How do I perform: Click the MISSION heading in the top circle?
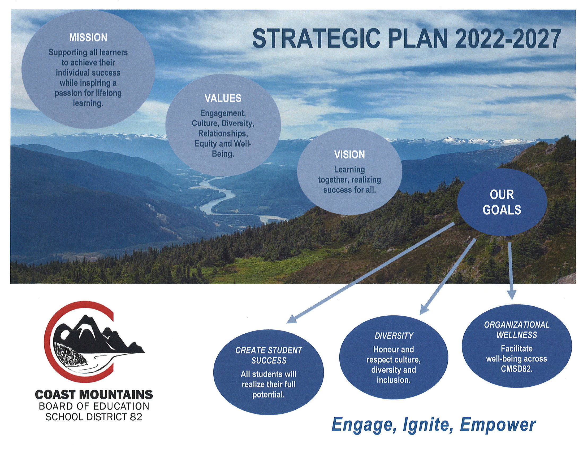pos(88,38)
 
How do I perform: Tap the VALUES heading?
pos(223,98)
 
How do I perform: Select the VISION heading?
pos(349,155)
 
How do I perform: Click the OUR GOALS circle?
pos(502,202)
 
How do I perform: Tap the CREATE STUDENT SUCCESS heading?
pos(269,355)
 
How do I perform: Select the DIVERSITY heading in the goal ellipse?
pos(394,336)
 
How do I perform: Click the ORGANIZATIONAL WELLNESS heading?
pos(517,330)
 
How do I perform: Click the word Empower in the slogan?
pos(498,425)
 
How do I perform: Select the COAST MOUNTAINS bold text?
pos(94,395)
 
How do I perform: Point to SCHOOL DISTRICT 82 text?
pos(94,417)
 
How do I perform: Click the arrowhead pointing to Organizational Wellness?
pos(511,295)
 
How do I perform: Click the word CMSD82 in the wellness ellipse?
pos(517,369)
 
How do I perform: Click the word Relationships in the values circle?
pos(223,134)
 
